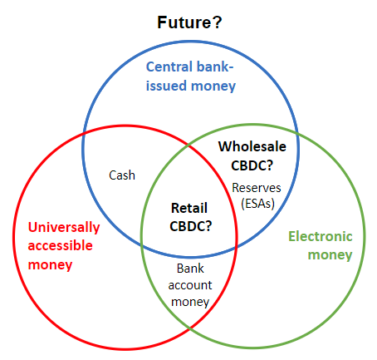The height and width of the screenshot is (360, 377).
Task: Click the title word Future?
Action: tap(189, 22)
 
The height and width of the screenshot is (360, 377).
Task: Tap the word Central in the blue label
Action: tap(169, 67)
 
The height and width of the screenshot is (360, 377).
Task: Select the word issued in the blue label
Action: tap(166, 86)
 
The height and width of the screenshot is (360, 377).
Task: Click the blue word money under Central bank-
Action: tap(213, 86)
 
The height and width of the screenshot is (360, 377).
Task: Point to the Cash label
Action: tap(122, 175)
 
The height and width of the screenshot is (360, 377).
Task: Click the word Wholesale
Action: tap(252, 146)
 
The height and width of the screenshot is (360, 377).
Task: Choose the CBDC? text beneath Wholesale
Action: tap(252, 165)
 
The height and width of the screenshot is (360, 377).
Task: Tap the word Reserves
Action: tap(257, 188)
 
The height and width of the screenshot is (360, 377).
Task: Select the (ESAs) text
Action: tap(257, 204)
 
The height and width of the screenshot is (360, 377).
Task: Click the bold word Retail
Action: tap(189, 208)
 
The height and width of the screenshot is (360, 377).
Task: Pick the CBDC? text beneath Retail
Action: tap(191, 226)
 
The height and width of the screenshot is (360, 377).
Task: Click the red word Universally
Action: tap(64, 228)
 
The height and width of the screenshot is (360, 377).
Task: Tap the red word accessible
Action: tap(61, 245)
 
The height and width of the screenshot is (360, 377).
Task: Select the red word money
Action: tap(50, 265)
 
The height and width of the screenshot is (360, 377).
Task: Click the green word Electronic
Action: tap(321, 236)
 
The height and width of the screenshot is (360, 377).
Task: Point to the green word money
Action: tap(330, 255)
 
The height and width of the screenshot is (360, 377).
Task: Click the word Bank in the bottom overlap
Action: tap(190, 269)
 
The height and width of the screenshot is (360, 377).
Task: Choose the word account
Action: tap(190, 285)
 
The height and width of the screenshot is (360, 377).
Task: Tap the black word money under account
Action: tap(190, 302)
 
